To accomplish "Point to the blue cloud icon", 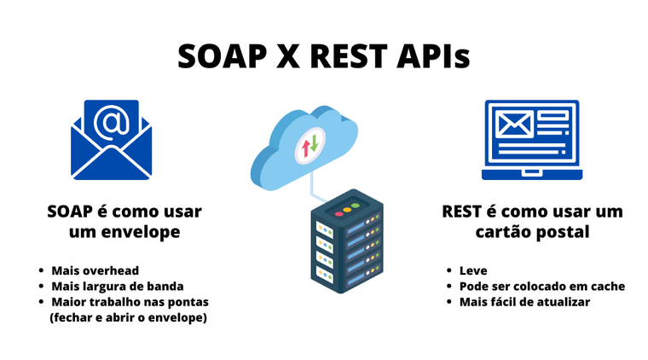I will coord(306,142).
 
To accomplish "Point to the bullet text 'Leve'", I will coord(473,270).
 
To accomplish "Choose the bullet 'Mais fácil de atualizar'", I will coord(524,301).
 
